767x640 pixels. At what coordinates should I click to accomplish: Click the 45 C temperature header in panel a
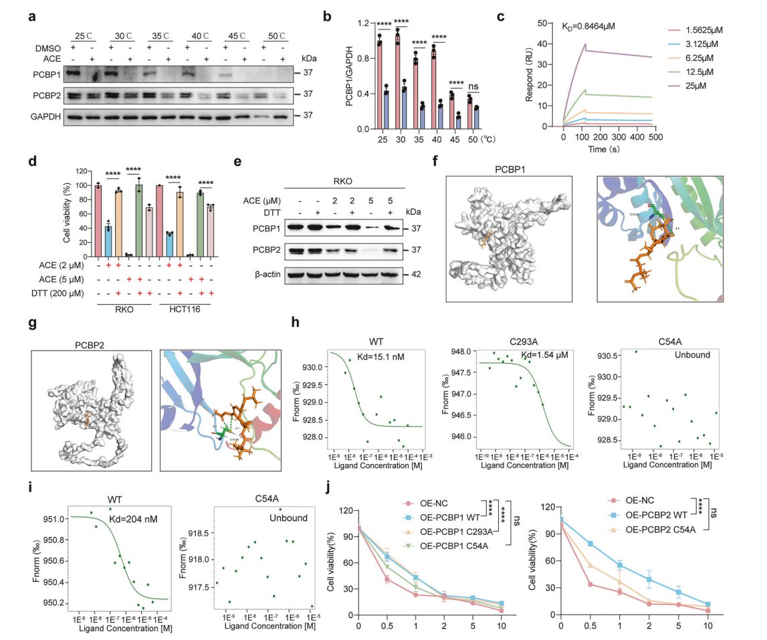[x=239, y=35]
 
